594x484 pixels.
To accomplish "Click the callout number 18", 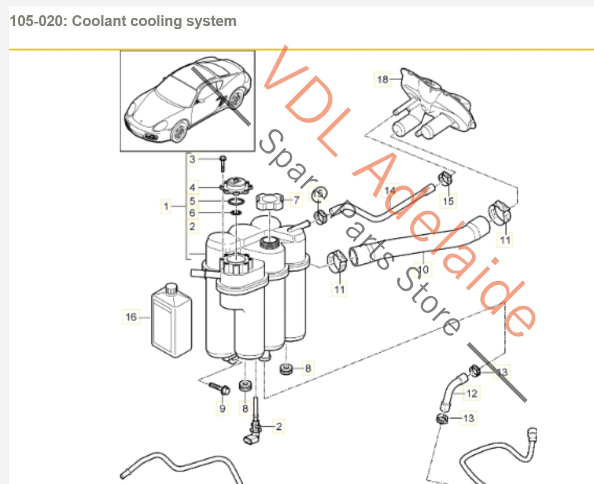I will point(382,79).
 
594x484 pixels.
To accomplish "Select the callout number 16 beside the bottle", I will point(131,317).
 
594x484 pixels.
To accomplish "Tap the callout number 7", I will point(296,201).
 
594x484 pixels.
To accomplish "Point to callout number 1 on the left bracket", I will point(166,206).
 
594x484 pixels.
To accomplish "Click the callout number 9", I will point(222,408).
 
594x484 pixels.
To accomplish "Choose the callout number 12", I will point(472,393).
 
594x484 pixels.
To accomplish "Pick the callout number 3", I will point(192,159).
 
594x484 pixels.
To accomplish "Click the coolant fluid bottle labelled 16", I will point(172,320).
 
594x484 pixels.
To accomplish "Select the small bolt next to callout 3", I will point(223,163).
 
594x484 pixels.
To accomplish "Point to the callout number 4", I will point(192,187).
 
